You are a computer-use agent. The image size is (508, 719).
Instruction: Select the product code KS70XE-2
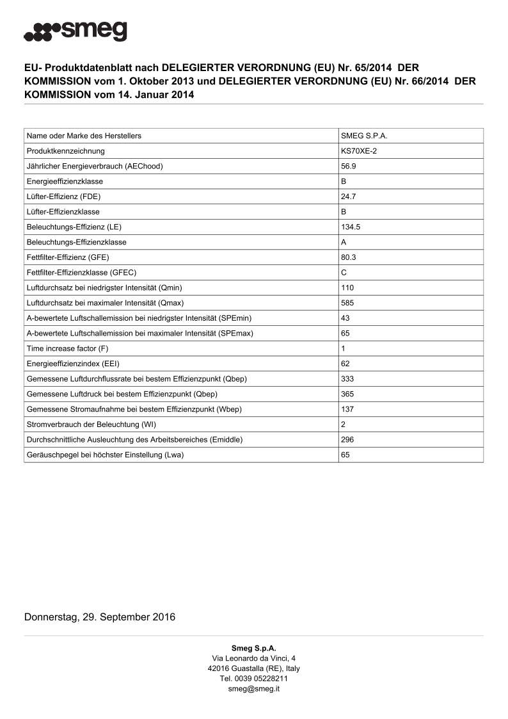pyautogui.click(x=358, y=151)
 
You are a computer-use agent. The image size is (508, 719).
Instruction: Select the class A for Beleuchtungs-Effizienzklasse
pyautogui.click(x=344, y=242)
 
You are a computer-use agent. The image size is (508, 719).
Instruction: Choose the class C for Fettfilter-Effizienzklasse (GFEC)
pyautogui.click(x=344, y=272)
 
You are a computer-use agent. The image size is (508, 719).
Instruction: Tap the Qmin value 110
pyautogui.click(x=347, y=287)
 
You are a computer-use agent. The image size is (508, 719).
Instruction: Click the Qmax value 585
pyautogui.click(x=347, y=303)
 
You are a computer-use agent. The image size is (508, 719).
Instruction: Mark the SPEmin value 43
pyautogui.click(x=345, y=318)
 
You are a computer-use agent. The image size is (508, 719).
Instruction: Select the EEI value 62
pyautogui.click(x=345, y=364)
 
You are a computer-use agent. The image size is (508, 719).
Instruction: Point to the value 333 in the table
pyautogui.click(x=347, y=379)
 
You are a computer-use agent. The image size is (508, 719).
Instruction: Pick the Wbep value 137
pyautogui.click(x=347, y=409)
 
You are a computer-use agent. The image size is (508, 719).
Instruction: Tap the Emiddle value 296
pyautogui.click(x=347, y=440)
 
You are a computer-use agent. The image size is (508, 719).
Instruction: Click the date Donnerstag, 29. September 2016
pyautogui.click(x=100, y=617)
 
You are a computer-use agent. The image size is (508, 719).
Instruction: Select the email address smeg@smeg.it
pyautogui.click(x=253, y=689)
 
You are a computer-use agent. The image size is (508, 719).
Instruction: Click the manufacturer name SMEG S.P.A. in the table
pyautogui.click(x=365, y=136)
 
